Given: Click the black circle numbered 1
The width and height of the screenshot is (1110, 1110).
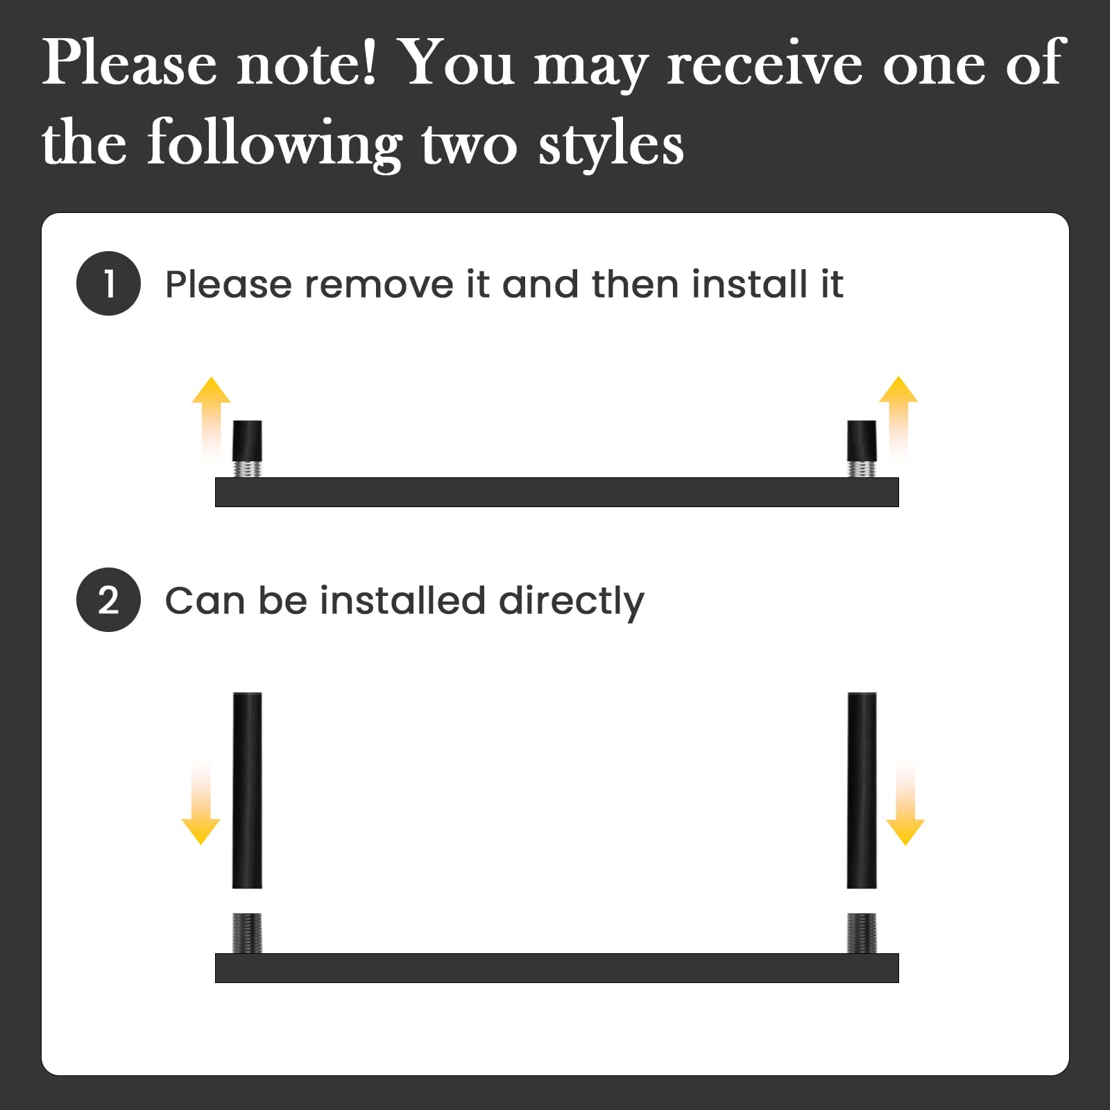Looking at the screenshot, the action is coord(108,284).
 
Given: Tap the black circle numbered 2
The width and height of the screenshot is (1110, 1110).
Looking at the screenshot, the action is coord(108,600).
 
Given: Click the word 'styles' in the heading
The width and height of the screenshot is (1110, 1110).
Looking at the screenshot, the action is coord(611,144).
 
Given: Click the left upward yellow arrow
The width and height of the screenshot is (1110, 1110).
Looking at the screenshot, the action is coord(211,420).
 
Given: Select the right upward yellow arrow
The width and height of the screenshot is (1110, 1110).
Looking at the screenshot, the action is coord(898,420).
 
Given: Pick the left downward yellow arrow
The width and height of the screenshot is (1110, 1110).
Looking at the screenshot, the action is coord(201,801).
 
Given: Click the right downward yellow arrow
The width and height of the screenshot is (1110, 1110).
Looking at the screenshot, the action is coord(905,801).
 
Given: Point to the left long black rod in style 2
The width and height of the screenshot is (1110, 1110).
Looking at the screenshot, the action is coord(247,790).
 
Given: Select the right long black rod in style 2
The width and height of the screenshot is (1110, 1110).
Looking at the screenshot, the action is coord(862,790).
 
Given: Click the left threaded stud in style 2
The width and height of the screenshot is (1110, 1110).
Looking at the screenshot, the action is coord(248,933).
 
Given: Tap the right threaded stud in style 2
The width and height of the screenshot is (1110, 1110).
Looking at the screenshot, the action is coord(862,933).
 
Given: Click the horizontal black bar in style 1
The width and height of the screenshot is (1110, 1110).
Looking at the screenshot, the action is coord(557,492).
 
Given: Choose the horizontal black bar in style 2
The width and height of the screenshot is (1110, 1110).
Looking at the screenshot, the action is coord(557,968).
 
